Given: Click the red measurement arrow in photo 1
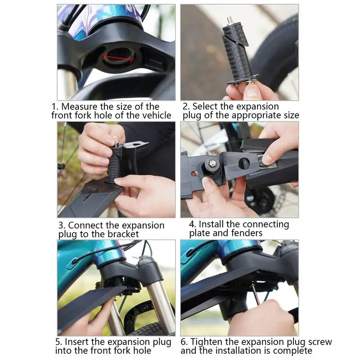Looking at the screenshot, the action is pyautogui.click(x=118, y=58).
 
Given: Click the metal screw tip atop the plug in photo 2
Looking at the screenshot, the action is pyautogui.click(x=229, y=19).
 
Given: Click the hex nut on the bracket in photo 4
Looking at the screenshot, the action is pyautogui.click(x=212, y=163).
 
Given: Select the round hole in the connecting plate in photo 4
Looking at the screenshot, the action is pyautogui.click(x=244, y=163).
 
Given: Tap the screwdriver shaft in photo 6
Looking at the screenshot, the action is pyautogui.click(x=256, y=294).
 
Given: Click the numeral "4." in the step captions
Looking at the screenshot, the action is pyautogui.click(x=193, y=224).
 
